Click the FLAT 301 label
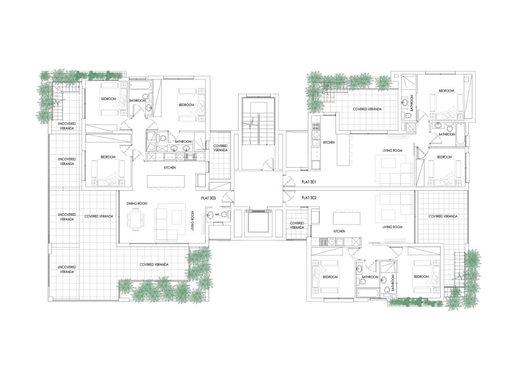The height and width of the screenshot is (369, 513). pos(309,182)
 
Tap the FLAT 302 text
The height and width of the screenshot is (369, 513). pos(309,198)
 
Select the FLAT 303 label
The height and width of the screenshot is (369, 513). pos(208,198)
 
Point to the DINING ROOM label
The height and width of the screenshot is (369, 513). pos(137,203)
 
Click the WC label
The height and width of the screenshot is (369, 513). pos(216,215)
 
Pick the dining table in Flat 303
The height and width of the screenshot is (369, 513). pos(135,219)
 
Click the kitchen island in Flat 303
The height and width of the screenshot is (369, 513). pos(166,181)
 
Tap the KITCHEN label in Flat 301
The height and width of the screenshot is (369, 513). pos(329,142)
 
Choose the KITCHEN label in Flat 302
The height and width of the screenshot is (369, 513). pos(339,231)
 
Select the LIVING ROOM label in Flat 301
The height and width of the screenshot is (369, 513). pos(392,151)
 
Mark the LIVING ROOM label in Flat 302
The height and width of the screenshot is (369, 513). pos(392,227)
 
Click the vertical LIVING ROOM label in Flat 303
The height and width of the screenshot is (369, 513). pos(193,221)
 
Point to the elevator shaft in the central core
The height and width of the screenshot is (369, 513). pos(259,223)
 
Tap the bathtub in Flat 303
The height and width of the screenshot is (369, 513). pos(140,85)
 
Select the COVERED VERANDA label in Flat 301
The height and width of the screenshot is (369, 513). pos(367,109)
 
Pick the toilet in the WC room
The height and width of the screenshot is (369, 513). pos(225,214)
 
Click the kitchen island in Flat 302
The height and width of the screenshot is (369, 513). pos(347,218)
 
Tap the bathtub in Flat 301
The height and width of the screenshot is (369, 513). pos(460,134)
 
